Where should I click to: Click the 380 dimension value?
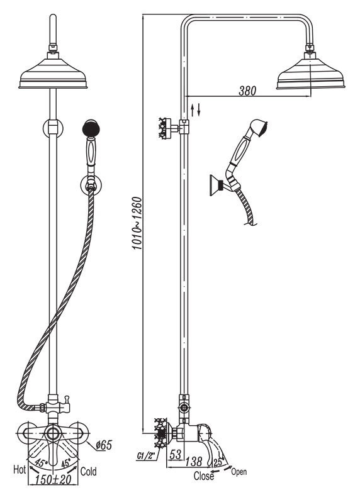click(x=247, y=91)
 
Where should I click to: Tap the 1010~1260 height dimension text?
click(x=137, y=223)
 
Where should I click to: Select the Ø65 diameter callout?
click(x=104, y=445)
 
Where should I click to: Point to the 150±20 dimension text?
click(x=53, y=479)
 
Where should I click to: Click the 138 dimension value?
click(x=193, y=461)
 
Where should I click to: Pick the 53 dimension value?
click(x=176, y=454)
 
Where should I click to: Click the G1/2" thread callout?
click(x=146, y=457)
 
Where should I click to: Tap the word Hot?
click(x=20, y=469)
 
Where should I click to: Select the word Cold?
click(x=88, y=471)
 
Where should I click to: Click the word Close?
click(x=204, y=476)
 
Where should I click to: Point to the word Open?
click(x=239, y=472)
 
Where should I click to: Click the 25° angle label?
click(x=218, y=462)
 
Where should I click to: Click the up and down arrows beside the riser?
click(x=195, y=109)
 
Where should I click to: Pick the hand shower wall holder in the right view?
click(x=220, y=186)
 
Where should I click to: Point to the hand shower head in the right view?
click(x=259, y=126)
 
